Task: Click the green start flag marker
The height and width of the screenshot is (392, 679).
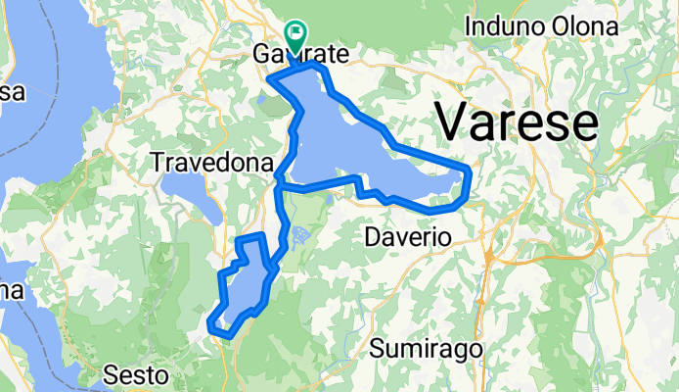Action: [294, 32]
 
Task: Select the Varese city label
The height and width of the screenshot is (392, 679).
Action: [516, 122]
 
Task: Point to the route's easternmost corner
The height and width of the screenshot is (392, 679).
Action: [470, 173]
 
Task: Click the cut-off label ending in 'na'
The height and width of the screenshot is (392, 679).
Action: [12, 291]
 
